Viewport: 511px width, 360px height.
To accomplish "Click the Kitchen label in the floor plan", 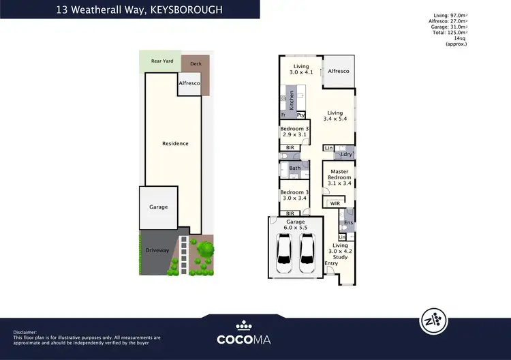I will click(x=292, y=101).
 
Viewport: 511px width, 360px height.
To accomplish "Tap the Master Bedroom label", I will click(x=339, y=175).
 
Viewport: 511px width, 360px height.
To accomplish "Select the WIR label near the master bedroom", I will click(x=335, y=203).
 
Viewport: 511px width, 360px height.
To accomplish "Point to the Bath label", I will click(x=294, y=168).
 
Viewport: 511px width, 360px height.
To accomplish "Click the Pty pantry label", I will click(x=300, y=115).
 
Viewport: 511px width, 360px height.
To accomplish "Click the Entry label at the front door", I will click(x=331, y=263).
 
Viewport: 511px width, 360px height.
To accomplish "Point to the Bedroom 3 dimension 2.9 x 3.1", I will click(x=294, y=135).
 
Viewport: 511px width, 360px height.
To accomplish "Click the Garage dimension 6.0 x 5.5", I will click(x=294, y=228).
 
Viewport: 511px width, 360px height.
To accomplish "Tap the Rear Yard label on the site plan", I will click(x=162, y=61).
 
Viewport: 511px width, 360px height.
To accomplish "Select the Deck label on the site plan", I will click(x=196, y=64).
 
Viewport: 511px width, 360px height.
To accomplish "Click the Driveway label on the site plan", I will click(x=157, y=250).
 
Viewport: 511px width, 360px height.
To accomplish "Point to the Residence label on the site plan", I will click(x=175, y=143).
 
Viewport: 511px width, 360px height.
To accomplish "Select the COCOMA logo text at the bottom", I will click(x=245, y=338).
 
